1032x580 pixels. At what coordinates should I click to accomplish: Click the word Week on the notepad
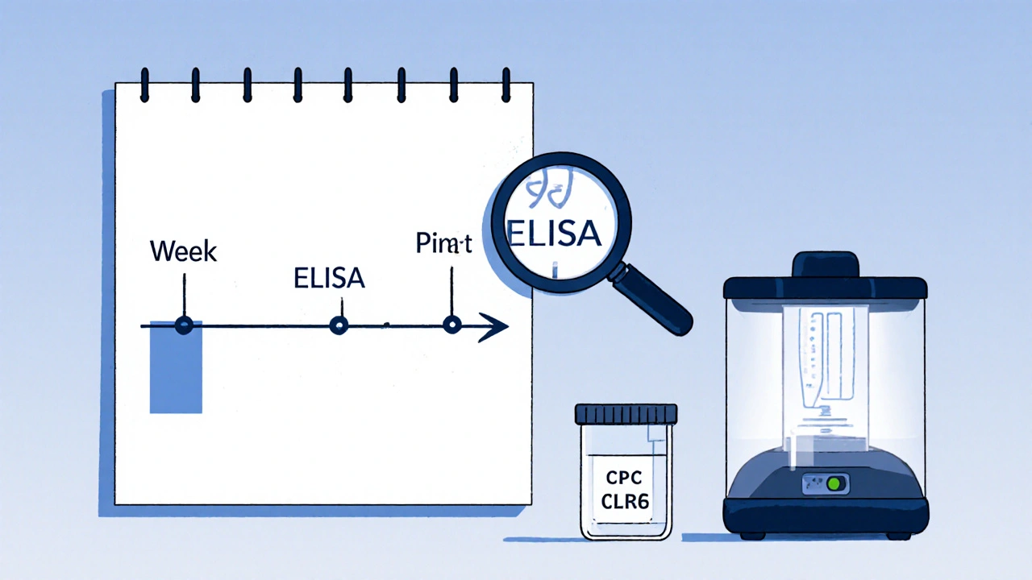pos(184,251)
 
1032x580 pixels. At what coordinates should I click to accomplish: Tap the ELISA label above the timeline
pos(328,279)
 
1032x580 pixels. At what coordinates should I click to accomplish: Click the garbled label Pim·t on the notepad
pos(443,243)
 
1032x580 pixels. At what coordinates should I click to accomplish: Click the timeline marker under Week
pos(185,325)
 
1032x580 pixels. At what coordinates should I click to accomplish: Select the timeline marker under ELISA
pos(339,325)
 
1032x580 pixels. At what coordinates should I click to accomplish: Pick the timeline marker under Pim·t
pos(452,325)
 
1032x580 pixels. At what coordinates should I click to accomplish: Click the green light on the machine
pos(836,483)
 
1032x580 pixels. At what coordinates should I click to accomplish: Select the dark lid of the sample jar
pos(626,414)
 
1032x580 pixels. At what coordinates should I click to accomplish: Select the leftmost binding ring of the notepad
pos(145,83)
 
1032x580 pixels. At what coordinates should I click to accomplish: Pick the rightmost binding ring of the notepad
pos(506,83)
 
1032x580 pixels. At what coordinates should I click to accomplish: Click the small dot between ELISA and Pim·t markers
pos(388,325)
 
